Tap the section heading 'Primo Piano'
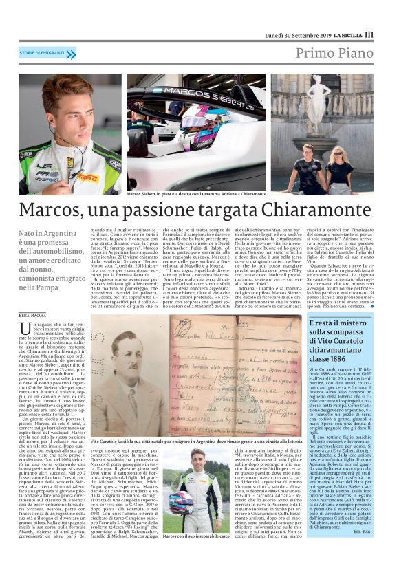[336, 54]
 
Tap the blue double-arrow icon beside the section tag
[70, 54]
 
